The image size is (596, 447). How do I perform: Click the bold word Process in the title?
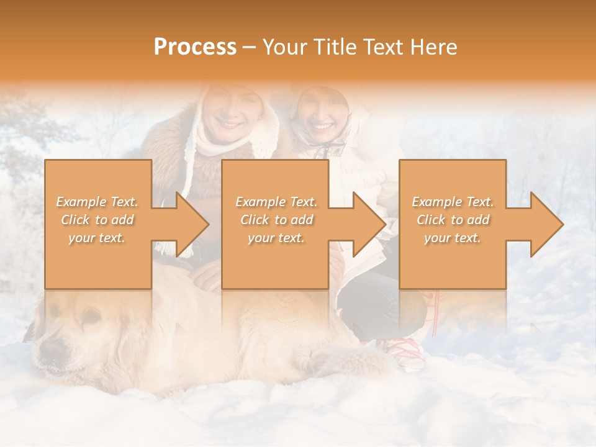(195, 47)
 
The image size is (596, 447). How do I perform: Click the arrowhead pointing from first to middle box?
(192, 224)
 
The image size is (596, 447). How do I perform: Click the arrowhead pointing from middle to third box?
(369, 224)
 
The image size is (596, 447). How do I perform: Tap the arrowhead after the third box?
(546, 224)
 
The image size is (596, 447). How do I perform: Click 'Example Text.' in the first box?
(97, 202)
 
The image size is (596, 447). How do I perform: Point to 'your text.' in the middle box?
(276, 238)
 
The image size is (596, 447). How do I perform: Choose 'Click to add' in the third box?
(453, 220)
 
